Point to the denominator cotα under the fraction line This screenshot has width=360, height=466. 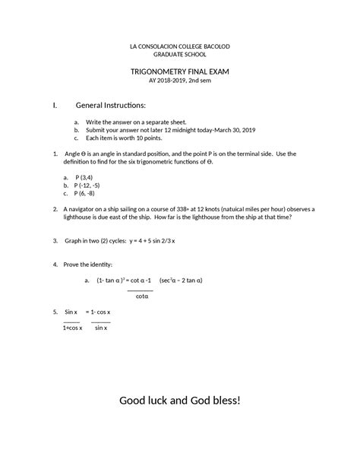click(x=141, y=296)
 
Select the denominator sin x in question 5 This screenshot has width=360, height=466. click(x=101, y=328)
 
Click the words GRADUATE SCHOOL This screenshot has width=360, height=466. click(x=180, y=55)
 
